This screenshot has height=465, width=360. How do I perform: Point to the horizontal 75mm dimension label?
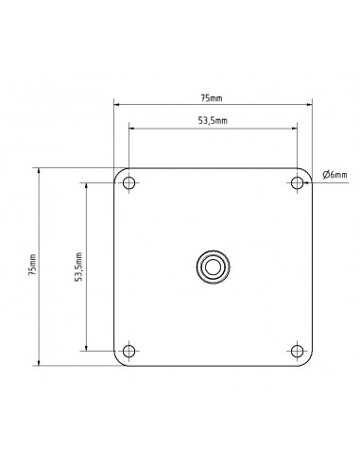[x=212, y=98]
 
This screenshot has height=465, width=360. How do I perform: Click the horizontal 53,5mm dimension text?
[x=213, y=120]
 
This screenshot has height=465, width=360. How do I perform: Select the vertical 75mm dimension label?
[x=33, y=265]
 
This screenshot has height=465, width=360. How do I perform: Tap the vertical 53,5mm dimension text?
[x=78, y=267]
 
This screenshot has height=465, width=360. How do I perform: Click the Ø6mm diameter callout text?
[x=334, y=174]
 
